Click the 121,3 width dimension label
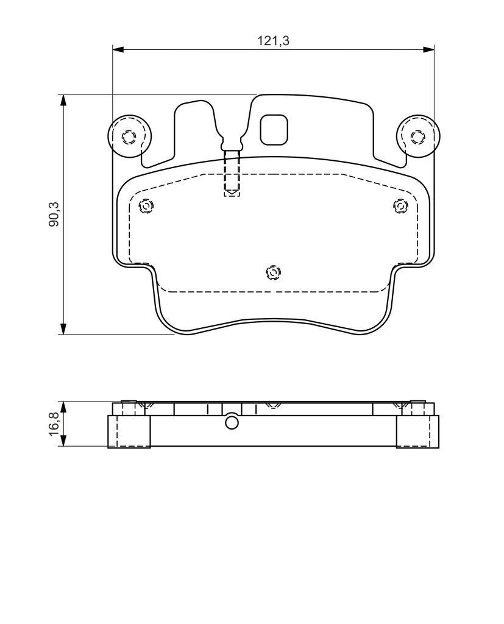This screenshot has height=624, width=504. pyautogui.click(x=273, y=41)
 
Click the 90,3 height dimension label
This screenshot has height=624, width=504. pyautogui.click(x=54, y=214)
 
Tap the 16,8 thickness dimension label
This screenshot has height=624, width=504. pyautogui.click(x=54, y=424)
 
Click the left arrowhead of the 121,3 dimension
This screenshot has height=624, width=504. pyautogui.click(x=119, y=49)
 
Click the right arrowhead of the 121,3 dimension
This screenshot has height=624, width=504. pyautogui.click(x=428, y=49)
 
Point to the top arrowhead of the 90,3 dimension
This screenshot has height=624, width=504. pyautogui.click(x=63, y=101)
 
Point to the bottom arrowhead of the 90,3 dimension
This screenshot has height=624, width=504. pyautogui.click(x=63, y=328)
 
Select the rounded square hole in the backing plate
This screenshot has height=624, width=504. pyautogui.click(x=274, y=130)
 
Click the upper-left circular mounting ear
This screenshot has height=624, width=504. pyautogui.click(x=129, y=136)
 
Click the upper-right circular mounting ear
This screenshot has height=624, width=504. pyautogui.click(x=418, y=136)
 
